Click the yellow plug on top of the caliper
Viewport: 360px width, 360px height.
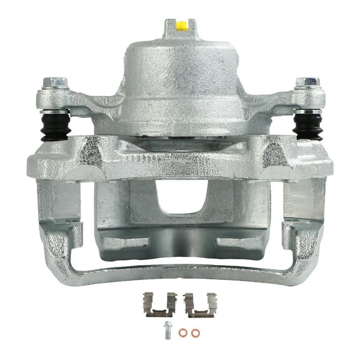click(x=181, y=26)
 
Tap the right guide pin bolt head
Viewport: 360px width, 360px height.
click(x=307, y=83)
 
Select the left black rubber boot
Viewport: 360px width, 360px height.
click(x=55, y=126)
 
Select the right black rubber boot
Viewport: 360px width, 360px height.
click(x=307, y=126)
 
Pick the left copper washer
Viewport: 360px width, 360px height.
click(x=182, y=332)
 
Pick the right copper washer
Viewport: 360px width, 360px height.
click(x=196, y=332)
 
